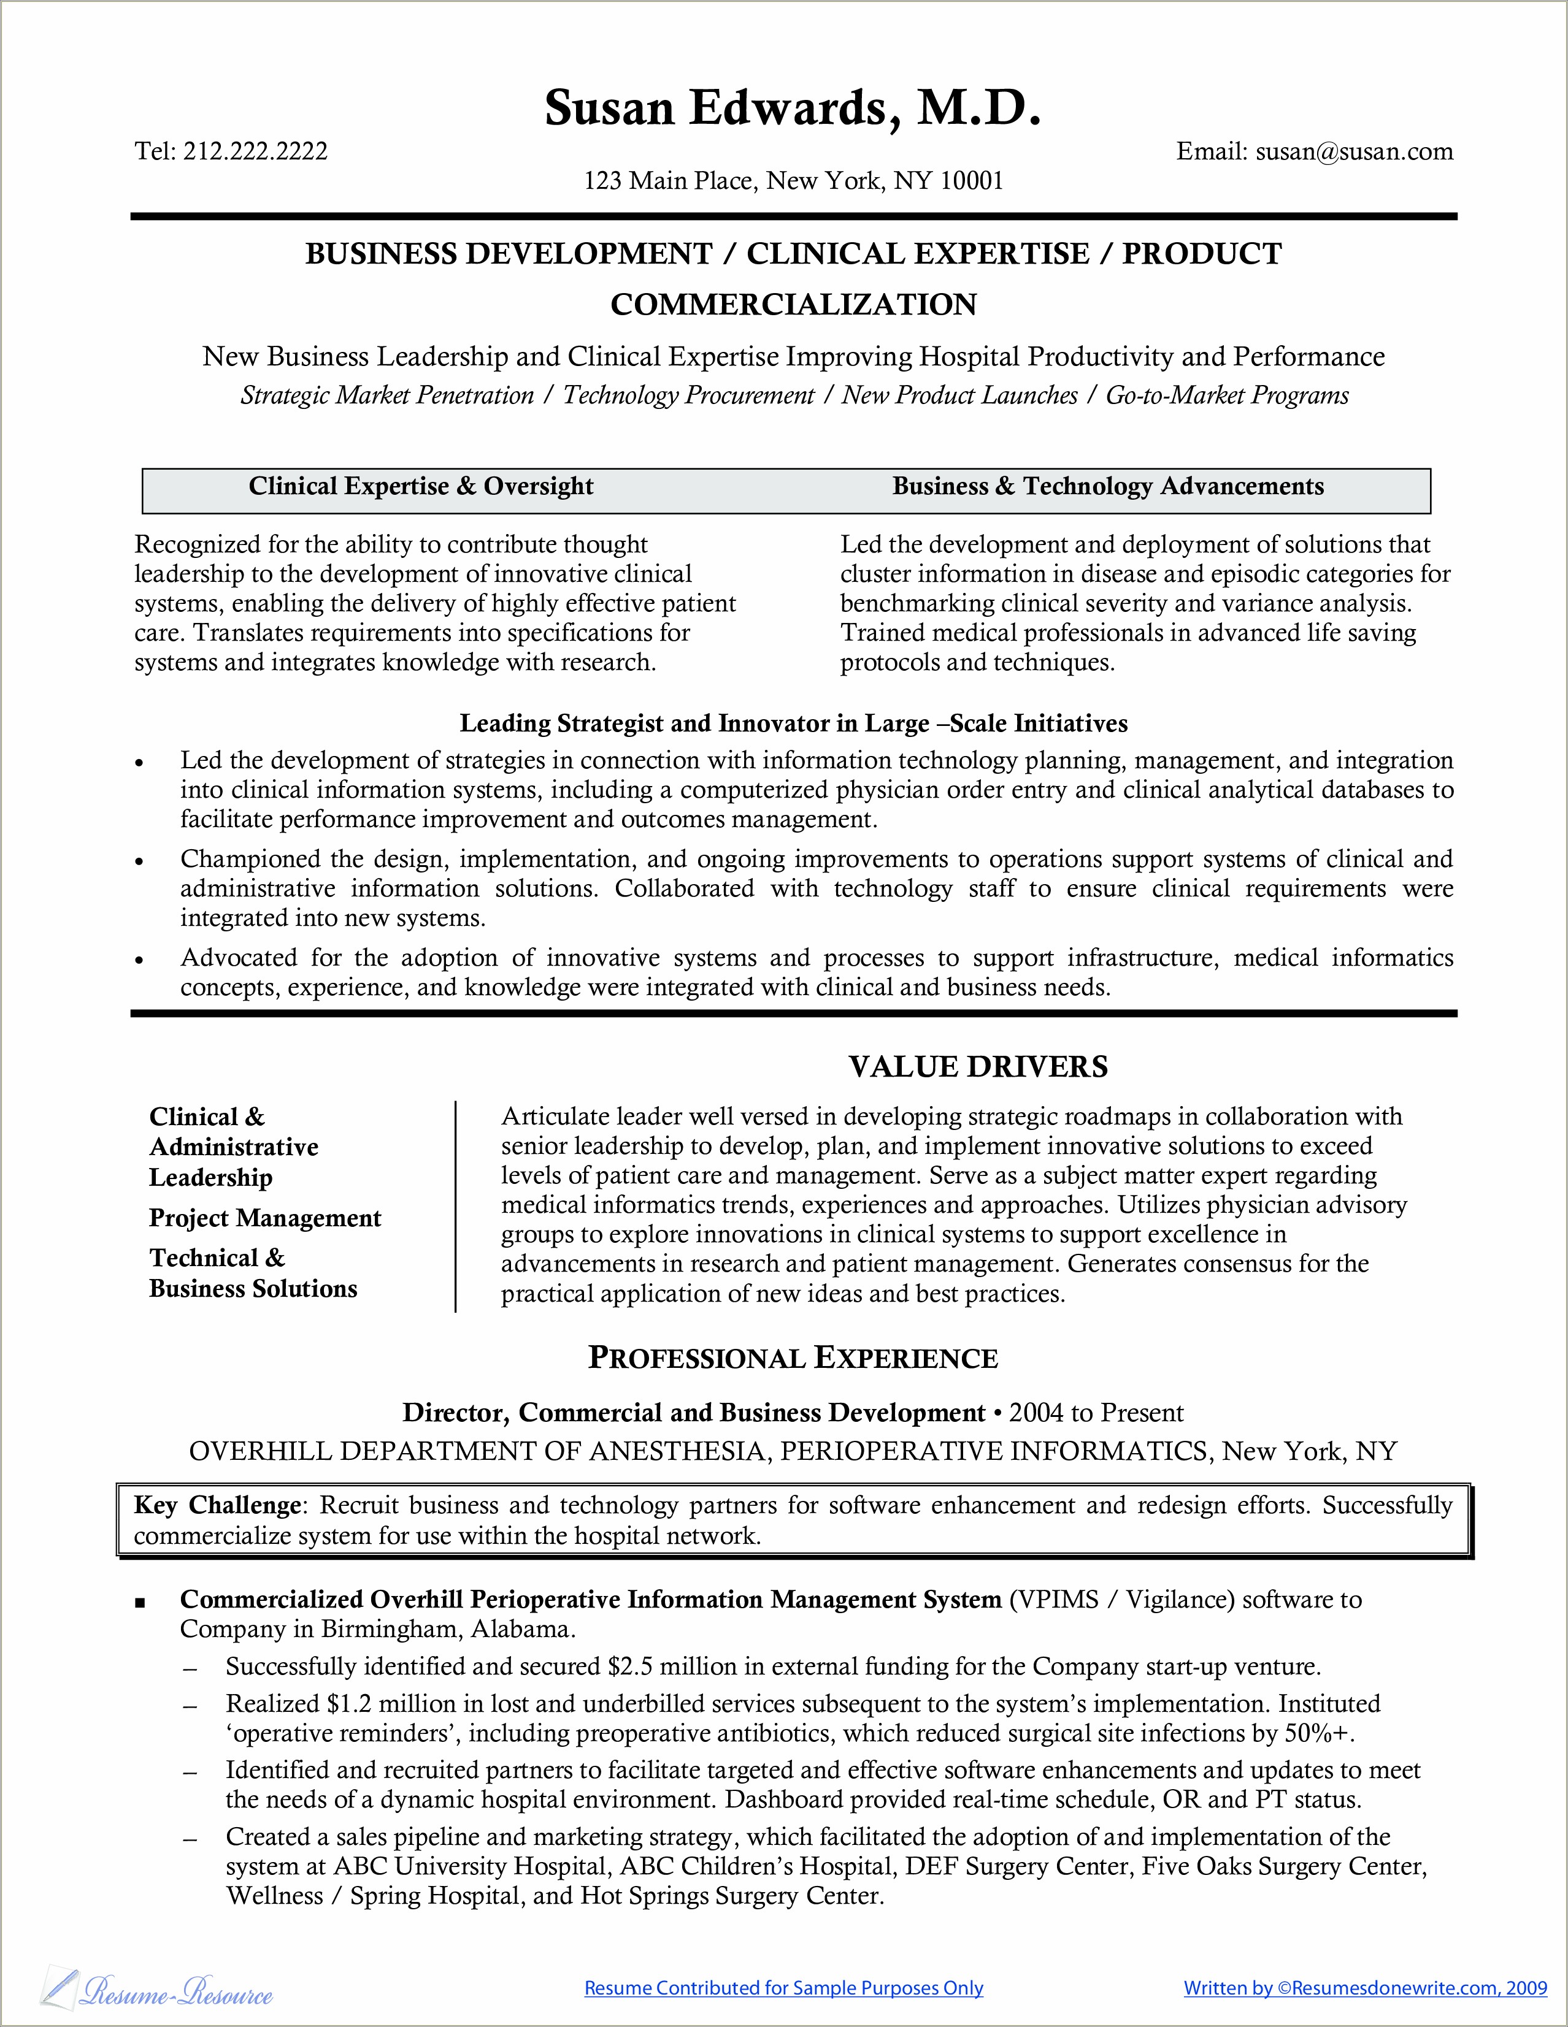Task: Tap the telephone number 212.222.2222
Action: click(x=255, y=151)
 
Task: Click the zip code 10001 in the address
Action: click(x=971, y=180)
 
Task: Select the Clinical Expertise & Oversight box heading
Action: click(x=421, y=486)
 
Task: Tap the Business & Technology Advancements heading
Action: click(x=1107, y=486)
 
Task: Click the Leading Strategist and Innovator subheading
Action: click(x=794, y=723)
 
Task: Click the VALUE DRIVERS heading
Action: click(x=978, y=1066)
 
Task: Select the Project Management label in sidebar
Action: click(x=264, y=1218)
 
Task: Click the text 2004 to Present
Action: click(x=1096, y=1413)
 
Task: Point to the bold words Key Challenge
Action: click(x=217, y=1505)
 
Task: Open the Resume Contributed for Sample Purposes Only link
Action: click(x=783, y=1988)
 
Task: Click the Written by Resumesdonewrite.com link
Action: click(x=1365, y=1988)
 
